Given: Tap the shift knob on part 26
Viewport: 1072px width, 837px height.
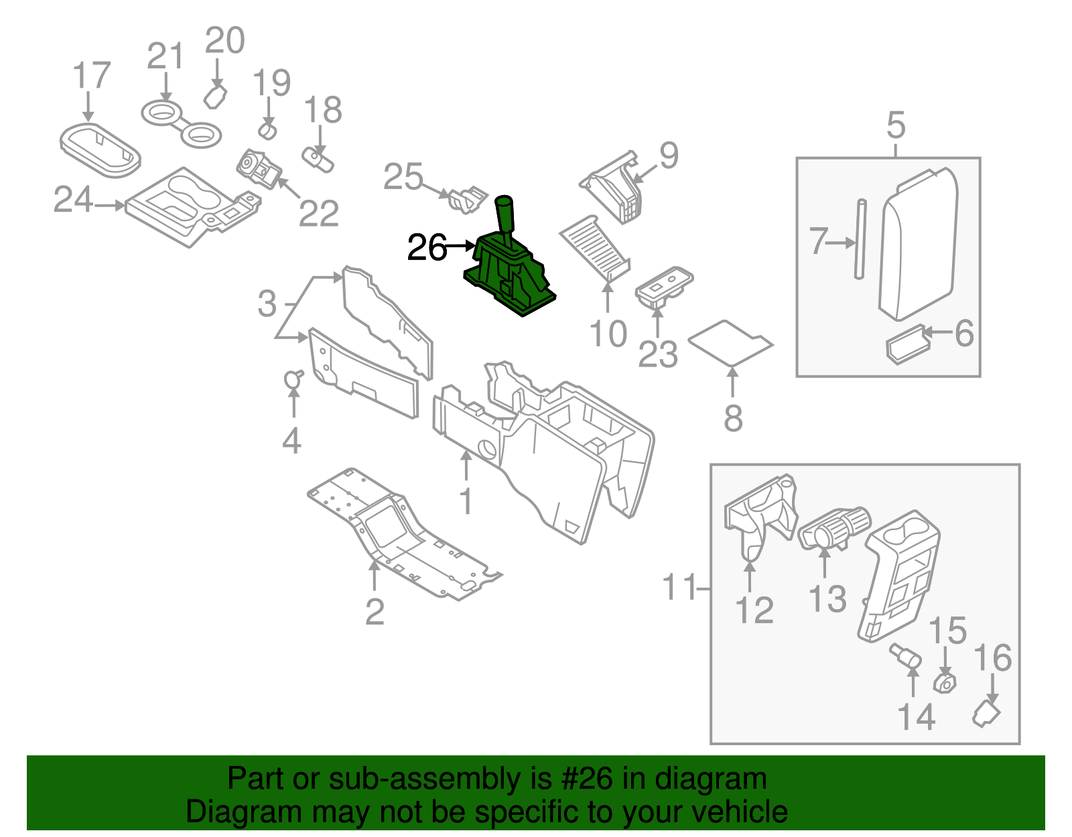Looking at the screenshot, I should coord(504,213).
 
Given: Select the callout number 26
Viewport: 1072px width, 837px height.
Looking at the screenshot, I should coord(427,247).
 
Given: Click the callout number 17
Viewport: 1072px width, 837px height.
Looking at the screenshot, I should coord(92,76).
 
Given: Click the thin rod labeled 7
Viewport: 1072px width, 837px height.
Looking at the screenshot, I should coord(860,239).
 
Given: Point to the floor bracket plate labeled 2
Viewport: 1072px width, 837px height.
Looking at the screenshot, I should coord(402,536).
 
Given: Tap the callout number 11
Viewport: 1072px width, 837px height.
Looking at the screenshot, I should coord(678,588).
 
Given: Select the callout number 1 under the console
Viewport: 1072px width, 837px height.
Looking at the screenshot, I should coord(466,501).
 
